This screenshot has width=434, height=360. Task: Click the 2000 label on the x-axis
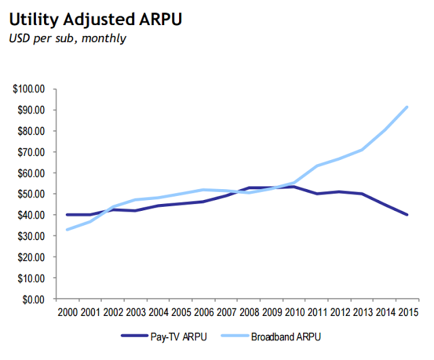pos(67,313)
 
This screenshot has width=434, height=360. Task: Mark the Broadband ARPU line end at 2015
pos(406,107)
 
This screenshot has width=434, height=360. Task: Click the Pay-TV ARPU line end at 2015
pos(406,215)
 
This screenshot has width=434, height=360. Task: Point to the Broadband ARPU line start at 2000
pos(67,229)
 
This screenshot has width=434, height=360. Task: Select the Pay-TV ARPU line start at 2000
pos(67,215)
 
